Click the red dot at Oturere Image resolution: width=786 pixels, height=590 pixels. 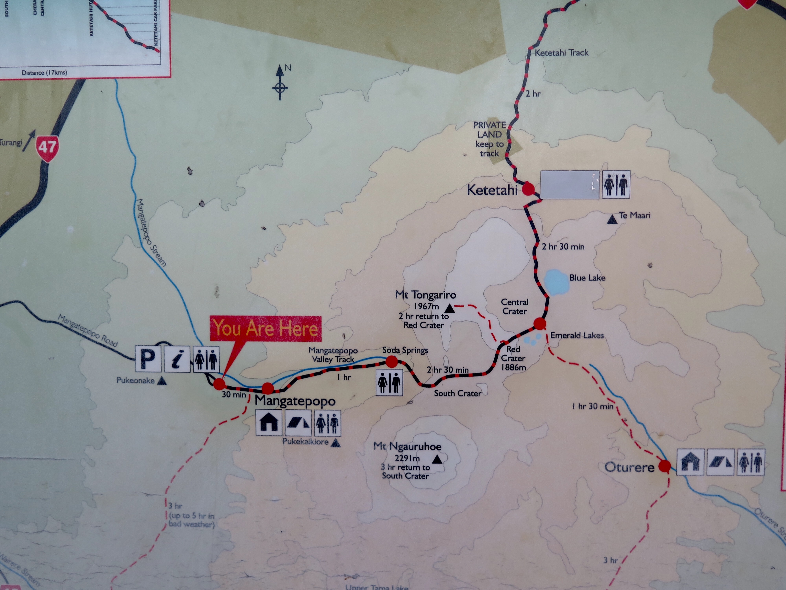665,466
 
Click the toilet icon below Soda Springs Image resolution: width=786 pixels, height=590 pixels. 389,382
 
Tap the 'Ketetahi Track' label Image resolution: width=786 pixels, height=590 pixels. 561,53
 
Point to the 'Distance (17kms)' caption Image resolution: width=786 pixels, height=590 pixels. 44,73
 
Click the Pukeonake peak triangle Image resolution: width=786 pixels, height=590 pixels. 162,381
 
